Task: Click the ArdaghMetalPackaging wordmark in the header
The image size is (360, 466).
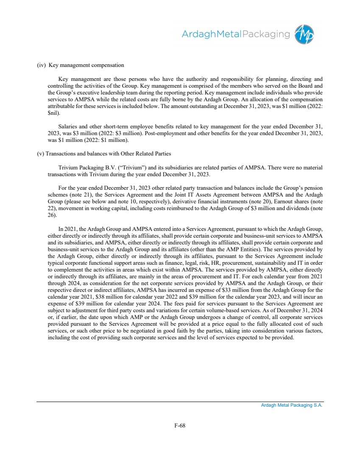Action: [x=236, y=34]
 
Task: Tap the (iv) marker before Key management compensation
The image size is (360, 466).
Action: [x=41, y=65]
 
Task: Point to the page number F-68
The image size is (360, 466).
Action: [x=180, y=425]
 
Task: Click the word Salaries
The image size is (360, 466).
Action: [x=68, y=127]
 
